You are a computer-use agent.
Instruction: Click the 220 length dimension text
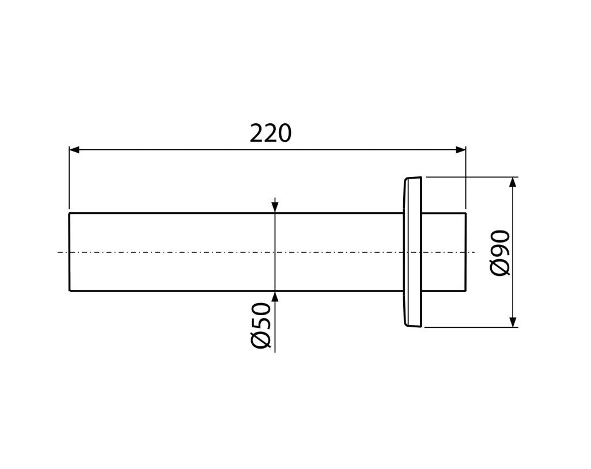point(271,133)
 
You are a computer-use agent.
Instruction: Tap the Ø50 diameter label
point(260,326)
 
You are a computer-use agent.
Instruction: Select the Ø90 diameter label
point(501,252)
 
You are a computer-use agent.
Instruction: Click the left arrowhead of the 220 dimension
point(74,150)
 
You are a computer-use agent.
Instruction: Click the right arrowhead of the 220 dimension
point(461,150)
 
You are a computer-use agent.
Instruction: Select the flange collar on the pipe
point(412,252)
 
